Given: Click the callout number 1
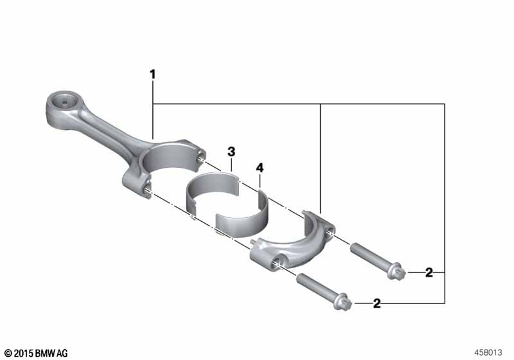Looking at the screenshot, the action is (152, 75).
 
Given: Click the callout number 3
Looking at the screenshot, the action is (231, 152).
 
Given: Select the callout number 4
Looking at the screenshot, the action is (260, 168).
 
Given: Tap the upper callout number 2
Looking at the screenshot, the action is (429, 273).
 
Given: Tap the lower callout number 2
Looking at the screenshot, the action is (377, 303).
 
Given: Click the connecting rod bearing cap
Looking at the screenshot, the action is (292, 242).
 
